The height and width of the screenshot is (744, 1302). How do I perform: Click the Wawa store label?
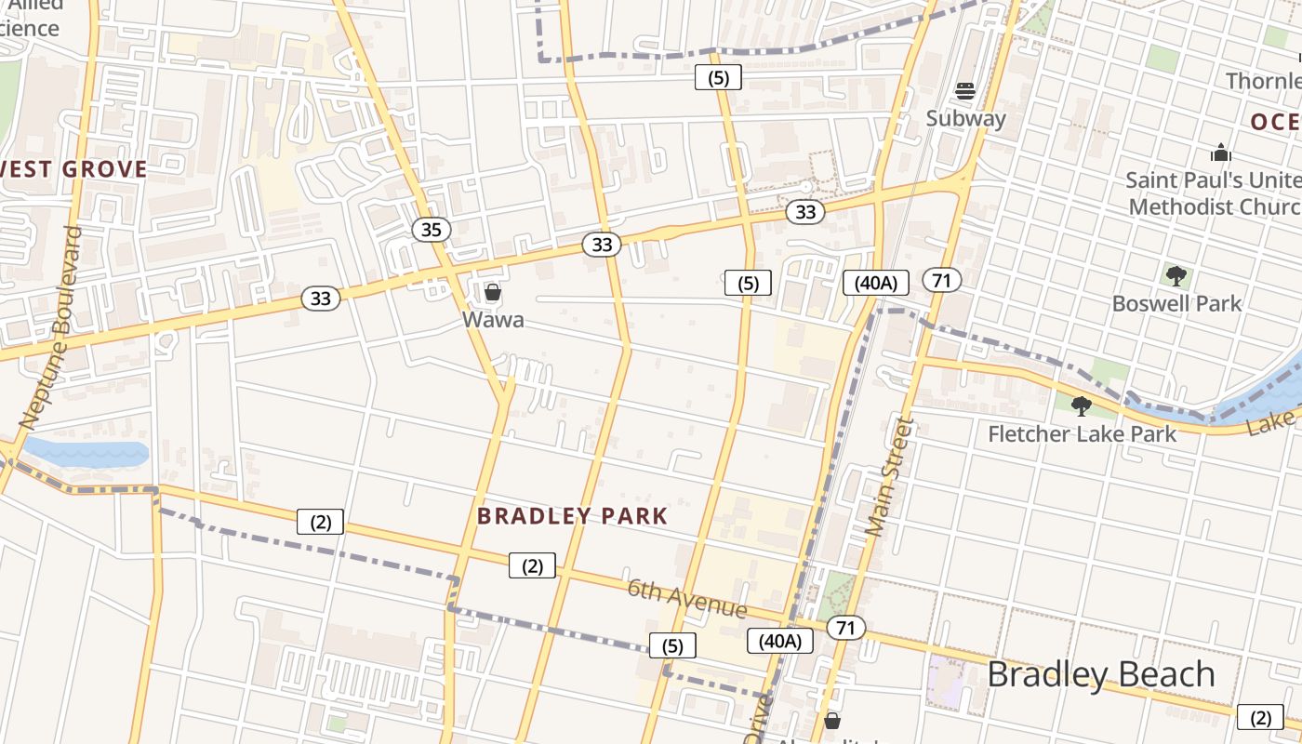493,320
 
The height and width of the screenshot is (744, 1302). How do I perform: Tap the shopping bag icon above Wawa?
493,293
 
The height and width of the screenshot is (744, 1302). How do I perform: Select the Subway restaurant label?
965,118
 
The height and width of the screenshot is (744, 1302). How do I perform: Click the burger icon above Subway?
965,91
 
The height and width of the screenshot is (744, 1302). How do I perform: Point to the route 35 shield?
431,229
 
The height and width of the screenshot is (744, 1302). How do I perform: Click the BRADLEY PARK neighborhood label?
572,516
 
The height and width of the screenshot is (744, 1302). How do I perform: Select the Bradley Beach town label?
1100,674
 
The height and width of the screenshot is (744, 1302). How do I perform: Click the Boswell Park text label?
1176,303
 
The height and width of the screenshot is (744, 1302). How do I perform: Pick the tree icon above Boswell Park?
1176,275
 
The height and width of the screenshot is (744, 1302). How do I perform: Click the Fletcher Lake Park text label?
1081,433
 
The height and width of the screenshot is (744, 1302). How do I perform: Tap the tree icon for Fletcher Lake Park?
1081,406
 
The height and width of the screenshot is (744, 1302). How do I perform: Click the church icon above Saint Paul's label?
1220,153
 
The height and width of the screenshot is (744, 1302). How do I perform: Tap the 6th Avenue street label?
687,598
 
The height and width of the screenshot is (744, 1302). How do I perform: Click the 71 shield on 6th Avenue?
844,628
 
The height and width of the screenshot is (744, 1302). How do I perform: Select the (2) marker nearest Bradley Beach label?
1259,717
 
